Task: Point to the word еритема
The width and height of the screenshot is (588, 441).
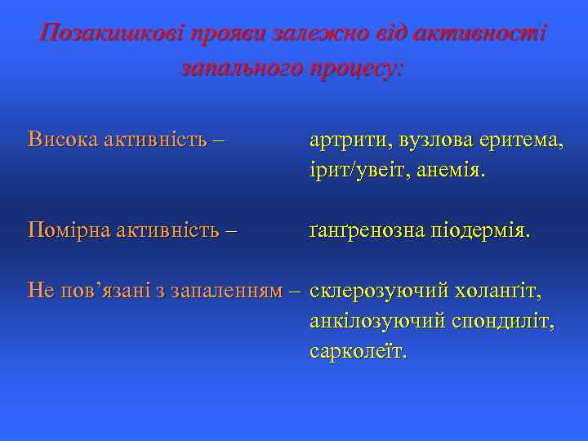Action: (x=520, y=140)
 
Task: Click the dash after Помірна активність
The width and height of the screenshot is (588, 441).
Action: (x=231, y=231)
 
